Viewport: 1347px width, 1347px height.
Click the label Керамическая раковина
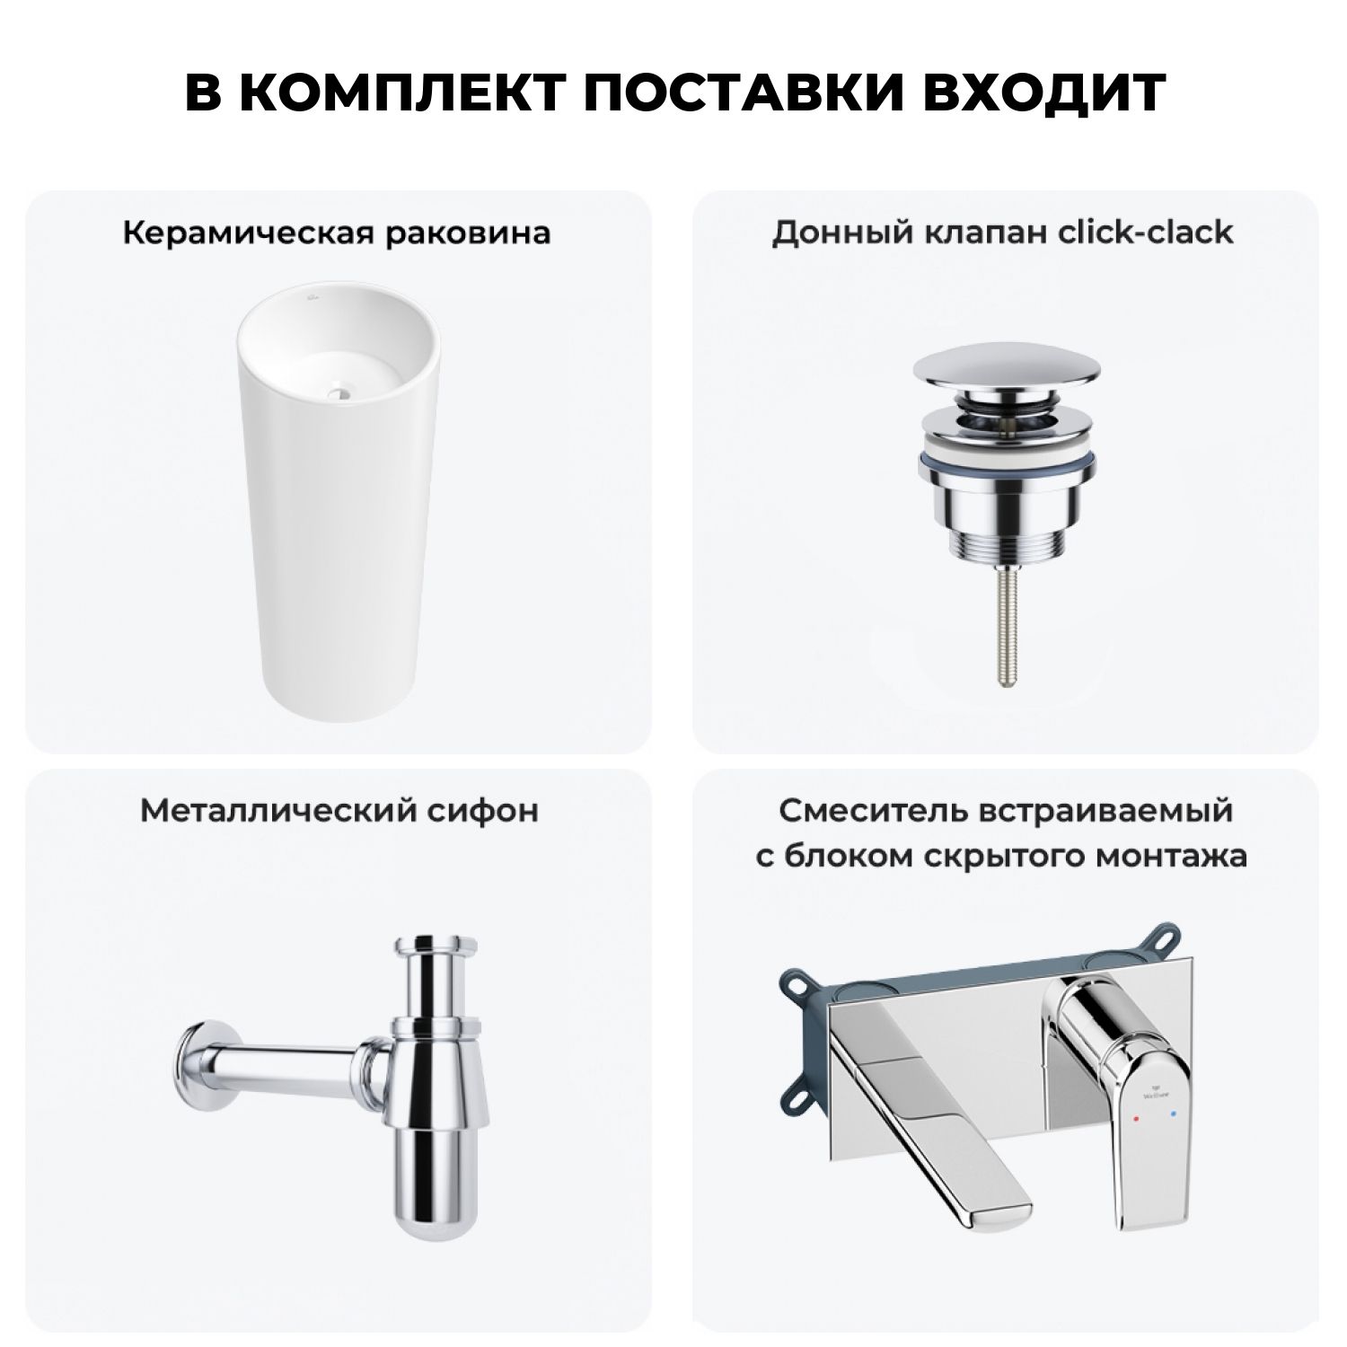click(336, 233)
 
